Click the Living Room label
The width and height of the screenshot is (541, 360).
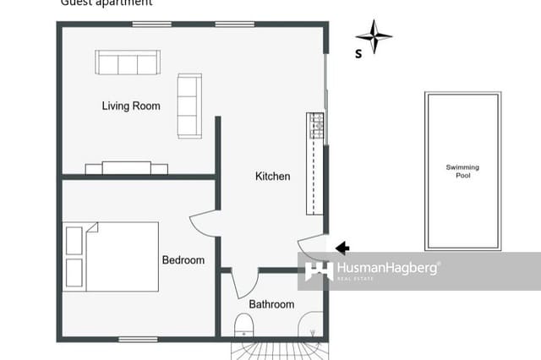[x=131, y=106]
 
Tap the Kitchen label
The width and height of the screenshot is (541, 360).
[x=272, y=177]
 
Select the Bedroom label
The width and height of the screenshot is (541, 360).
[x=183, y=260]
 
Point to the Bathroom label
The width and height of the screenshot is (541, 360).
[x=271, y=304]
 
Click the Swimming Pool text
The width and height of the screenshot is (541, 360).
[x=462, y=172]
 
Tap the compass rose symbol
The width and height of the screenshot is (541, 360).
[x=374, y=36]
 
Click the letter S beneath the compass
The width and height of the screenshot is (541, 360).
[x=358, y=54]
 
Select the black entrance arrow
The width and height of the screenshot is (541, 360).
[x=342, y=248]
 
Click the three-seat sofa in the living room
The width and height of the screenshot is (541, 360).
[x=128, y=63]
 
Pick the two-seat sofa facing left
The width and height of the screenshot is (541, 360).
[x=189, y=106]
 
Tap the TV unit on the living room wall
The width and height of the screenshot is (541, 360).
[x=127, y=168]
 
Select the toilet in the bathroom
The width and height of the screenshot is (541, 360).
[x=243, y=325]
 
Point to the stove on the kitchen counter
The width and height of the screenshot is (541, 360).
[x=316, y=127]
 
